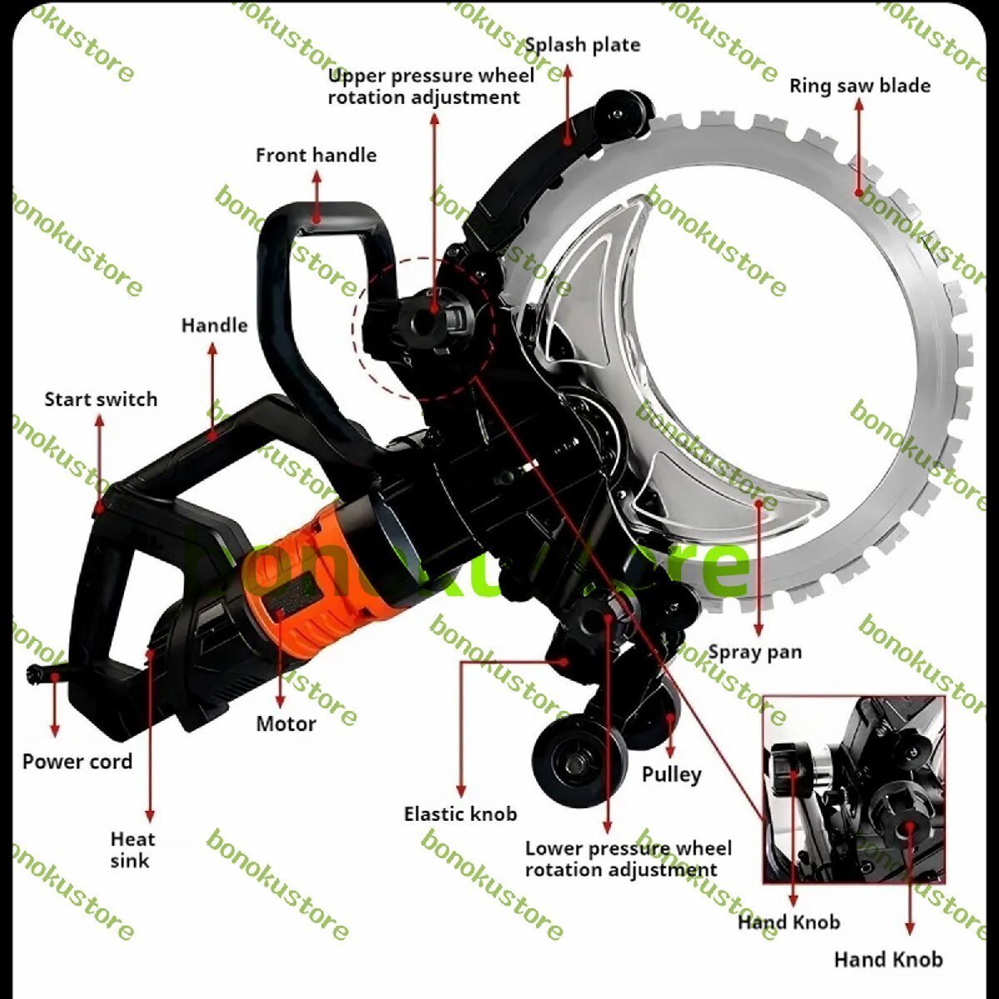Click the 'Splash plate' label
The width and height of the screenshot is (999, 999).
point(583,46)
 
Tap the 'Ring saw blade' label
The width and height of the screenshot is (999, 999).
point(859,86)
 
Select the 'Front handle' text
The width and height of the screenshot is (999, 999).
point(316,156)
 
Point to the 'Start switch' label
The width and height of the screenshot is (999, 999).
point(101,400)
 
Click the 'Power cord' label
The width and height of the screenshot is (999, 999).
point(77,762)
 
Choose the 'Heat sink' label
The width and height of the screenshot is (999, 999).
point(132,850)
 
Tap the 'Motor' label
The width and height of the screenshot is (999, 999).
point(286,724)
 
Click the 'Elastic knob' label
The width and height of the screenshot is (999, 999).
point(460,814)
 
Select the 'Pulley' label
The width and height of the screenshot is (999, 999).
point(671,774)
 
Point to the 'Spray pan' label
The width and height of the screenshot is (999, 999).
point(755,652)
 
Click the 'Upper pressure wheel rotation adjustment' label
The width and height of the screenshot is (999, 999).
point(430,87)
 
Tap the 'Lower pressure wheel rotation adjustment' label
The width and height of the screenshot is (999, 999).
point(629,859)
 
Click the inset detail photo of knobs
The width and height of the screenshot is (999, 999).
point(853,789)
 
